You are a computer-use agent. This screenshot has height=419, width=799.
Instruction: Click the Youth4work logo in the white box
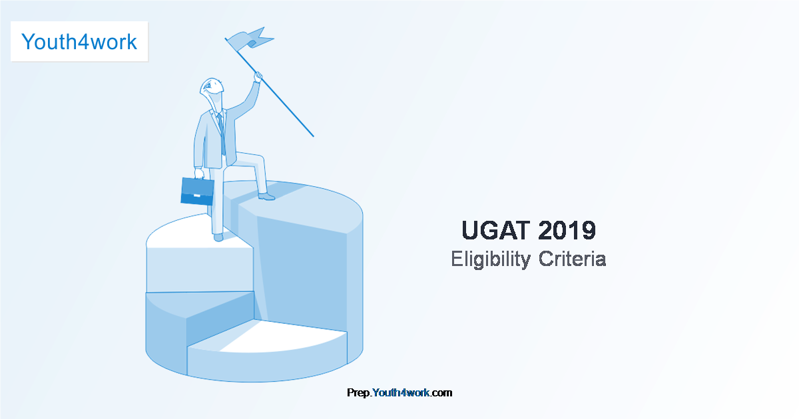[79, 42]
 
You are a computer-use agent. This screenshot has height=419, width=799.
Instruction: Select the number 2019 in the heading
[567, 230]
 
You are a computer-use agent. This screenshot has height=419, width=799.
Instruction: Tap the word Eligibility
[491, 259]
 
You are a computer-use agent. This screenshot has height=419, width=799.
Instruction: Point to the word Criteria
[572, 259]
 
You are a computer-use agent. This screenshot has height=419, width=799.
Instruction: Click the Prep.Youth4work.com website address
[400, 392]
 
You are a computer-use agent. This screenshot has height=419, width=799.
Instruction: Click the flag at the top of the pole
[250, 39]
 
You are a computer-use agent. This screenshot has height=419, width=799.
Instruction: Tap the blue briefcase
[197, 191]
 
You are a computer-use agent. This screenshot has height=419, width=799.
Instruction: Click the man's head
[212, 89]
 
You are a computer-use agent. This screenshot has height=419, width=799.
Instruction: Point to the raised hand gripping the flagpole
[258, 76]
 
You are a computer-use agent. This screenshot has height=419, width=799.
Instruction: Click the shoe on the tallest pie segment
[266, 197]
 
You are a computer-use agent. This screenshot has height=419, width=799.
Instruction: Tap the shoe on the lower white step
[218, 237]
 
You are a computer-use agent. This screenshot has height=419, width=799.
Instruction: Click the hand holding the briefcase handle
[199, 173]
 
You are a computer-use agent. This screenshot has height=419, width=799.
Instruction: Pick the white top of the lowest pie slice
[271, 336]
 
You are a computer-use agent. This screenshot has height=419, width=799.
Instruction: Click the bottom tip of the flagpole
[313, 136]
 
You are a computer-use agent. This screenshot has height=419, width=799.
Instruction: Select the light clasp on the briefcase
[197, 196]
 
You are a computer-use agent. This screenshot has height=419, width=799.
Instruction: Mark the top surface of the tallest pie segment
[300, 207]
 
